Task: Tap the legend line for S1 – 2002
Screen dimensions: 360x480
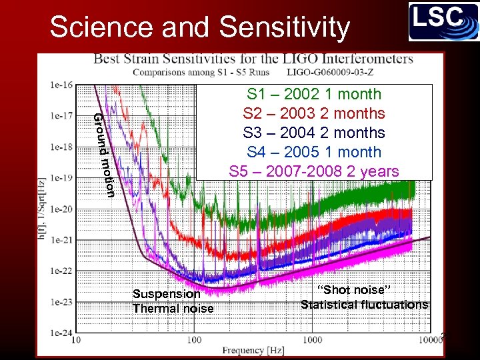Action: pos(314,94)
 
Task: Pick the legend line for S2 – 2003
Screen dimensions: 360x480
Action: pos(314,113)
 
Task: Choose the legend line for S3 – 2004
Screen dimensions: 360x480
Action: pos(314,133)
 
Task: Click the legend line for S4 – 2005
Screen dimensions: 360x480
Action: pos(314,152)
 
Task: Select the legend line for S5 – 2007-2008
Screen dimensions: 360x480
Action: pos(314,171)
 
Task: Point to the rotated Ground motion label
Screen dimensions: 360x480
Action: pos(104,155)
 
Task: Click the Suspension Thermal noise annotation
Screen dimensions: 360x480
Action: pos(173,301)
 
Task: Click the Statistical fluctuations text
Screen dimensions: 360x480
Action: pos(364,305)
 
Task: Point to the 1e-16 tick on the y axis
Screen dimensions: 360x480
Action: pos(62,85)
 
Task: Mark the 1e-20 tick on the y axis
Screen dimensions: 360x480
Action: pos(62,209)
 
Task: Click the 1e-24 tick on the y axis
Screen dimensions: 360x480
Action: pos(62,332)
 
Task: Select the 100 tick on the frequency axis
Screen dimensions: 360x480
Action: pos(194,340)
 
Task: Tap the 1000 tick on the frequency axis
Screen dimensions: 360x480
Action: pos(312,340)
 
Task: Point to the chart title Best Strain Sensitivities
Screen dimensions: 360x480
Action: pos(253,59)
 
